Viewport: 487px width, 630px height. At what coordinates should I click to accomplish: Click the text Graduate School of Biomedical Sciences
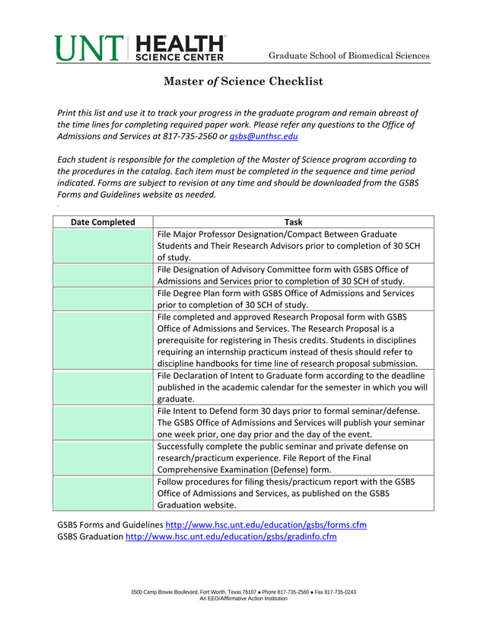click(x=349, y=56)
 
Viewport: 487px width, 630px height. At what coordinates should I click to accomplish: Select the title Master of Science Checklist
click(x=243, y=81)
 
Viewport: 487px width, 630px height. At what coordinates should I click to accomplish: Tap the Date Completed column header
click(x=103, y=222)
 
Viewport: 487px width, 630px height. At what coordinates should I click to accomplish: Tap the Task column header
click(x=293, y=222)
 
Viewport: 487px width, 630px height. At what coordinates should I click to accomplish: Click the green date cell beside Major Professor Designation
click(x=103, y=246)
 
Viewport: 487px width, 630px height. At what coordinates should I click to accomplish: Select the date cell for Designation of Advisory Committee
click(x=103, y=275)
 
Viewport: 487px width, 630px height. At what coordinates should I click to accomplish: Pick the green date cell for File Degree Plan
click(x=103, y=298)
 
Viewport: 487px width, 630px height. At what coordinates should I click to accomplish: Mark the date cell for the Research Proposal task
click(x=103, y=339)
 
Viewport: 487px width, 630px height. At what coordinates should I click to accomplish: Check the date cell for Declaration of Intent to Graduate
click(x=103, y=387)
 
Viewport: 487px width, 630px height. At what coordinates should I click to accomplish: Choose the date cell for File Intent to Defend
click(x=103, y=422)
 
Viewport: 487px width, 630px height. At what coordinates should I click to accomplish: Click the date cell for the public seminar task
click(x=103, y=457)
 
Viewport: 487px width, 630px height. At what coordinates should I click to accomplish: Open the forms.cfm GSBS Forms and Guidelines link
click(x=266, y=525)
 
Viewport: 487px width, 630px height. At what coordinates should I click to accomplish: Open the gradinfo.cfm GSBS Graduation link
click(x=231, y=536)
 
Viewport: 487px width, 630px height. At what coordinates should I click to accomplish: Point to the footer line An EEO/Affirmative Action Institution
click(x=243, y=599)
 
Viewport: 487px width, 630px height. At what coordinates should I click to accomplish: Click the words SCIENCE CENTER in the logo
click(x=180, y=56)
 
